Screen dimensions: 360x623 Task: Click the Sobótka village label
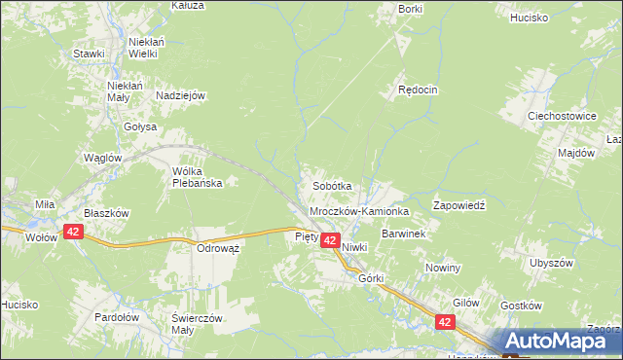[x=331, y=185]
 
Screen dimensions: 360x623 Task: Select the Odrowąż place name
[x=218, y=248]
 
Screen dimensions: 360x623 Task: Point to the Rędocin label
[x=418, y=90]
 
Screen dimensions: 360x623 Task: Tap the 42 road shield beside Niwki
[x=330, y=240]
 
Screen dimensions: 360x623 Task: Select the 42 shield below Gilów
[x=445, y=322]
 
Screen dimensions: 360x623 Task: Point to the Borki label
[x=410, y=9]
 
